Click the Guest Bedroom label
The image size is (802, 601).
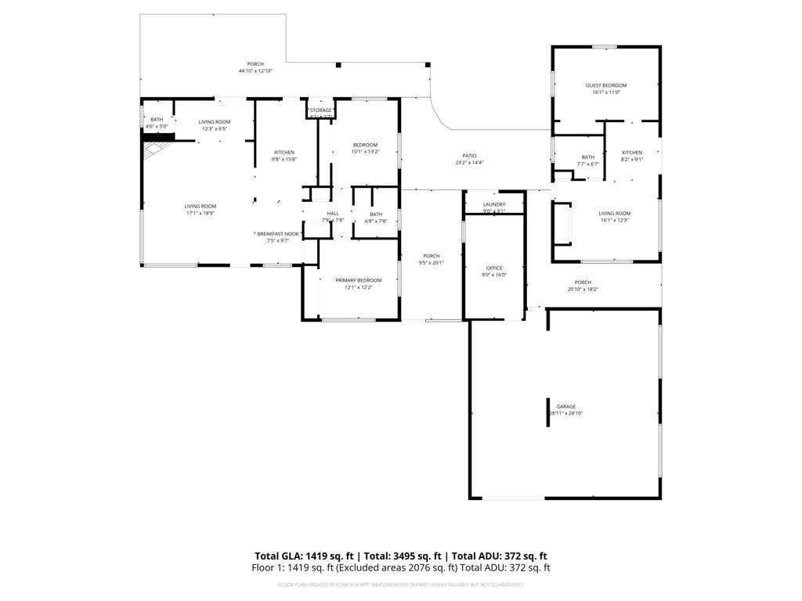(606, 85)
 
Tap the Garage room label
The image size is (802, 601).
(566, 407)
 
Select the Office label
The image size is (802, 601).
(494, 268)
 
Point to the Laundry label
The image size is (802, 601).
(494, 204)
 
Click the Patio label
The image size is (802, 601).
(470, 156)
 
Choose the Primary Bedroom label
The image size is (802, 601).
(359, 280)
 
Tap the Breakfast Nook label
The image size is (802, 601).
(279, 234)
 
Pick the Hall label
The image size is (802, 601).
(333, 214)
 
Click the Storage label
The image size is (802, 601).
(321, 110)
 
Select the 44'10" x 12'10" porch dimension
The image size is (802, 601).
(255, 71)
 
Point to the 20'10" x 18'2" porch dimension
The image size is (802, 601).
(583, 290)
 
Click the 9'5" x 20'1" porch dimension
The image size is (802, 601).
(432, 263)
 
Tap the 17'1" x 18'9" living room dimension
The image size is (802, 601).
(200, 213)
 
